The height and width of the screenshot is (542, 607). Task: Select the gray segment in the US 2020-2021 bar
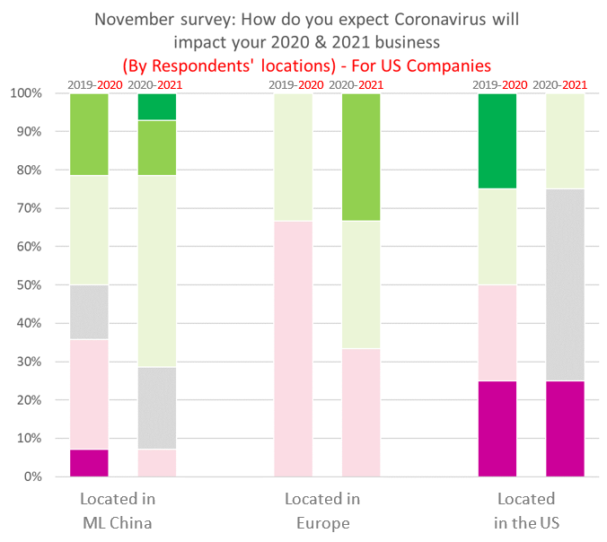[x=565, y=284]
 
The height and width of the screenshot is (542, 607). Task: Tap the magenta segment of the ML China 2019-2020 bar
[x=89, y=463]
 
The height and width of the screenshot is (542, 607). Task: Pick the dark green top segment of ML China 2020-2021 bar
[x=156, y=107]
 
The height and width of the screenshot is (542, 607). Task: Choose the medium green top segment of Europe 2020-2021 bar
[x=360, y=157]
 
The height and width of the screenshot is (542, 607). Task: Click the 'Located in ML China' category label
[x=116, y=511]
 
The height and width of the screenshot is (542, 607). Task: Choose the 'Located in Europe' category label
[x=322, y=511]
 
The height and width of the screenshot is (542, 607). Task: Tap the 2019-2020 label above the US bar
[x=497, y=85]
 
